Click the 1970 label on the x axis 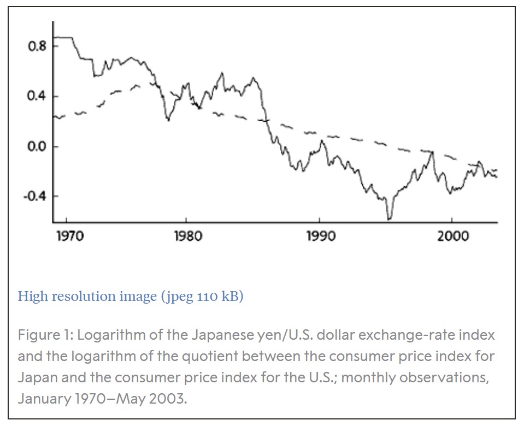69,236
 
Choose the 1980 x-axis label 187,236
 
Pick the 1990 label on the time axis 320,236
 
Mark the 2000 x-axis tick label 453,236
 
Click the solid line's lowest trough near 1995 390,219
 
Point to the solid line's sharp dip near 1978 168,120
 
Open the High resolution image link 131,297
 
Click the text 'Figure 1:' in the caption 44,334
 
